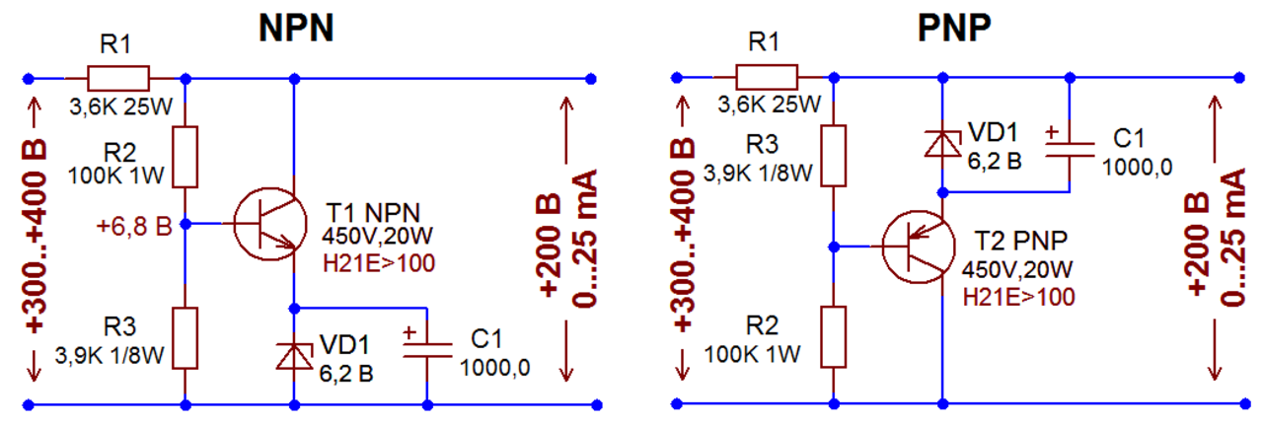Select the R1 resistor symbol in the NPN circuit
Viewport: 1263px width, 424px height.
118,78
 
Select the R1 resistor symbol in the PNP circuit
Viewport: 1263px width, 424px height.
767,77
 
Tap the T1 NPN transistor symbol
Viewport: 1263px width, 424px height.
270,225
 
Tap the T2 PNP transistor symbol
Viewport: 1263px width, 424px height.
919,247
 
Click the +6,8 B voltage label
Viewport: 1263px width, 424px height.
134,226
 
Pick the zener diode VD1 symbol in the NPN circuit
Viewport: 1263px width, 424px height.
294,356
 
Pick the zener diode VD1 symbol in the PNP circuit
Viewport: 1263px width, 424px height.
942,143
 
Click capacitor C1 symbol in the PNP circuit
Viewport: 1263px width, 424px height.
1070,148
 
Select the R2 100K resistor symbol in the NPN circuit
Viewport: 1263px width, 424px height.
185,158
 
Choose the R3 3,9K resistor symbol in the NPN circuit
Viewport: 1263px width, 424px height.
185,338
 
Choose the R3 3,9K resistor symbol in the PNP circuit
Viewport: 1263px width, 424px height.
834,156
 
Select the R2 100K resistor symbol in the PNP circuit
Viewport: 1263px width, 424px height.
834,337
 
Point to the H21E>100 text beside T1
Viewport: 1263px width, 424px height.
379,263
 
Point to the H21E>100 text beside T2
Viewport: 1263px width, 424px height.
1019,297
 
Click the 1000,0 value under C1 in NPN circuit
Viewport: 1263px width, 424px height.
495,368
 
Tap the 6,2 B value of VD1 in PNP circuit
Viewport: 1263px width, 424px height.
995,162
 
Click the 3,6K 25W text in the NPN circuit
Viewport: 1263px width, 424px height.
120,106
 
